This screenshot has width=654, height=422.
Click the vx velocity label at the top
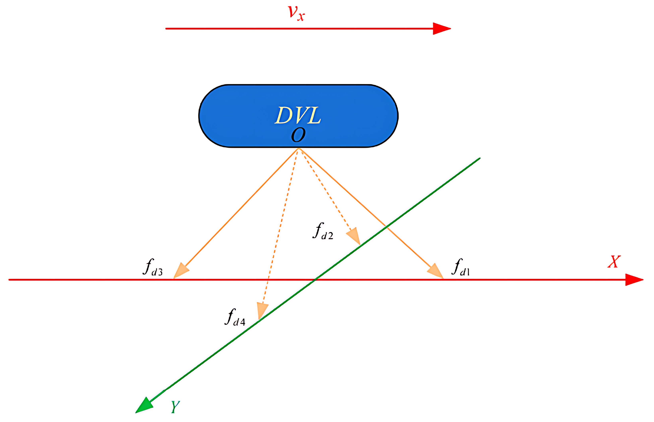tap(296, 13)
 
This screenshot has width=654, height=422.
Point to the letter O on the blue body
tap(298, 135)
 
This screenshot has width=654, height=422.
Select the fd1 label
tap(460, 267)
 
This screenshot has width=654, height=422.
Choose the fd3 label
tap(153, 267)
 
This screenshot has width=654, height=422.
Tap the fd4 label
tap(235, 317)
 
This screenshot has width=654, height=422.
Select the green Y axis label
tap(175, 407)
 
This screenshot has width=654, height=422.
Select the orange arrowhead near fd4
tap(262, 310)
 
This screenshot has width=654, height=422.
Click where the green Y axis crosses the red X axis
tap(315, 280)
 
